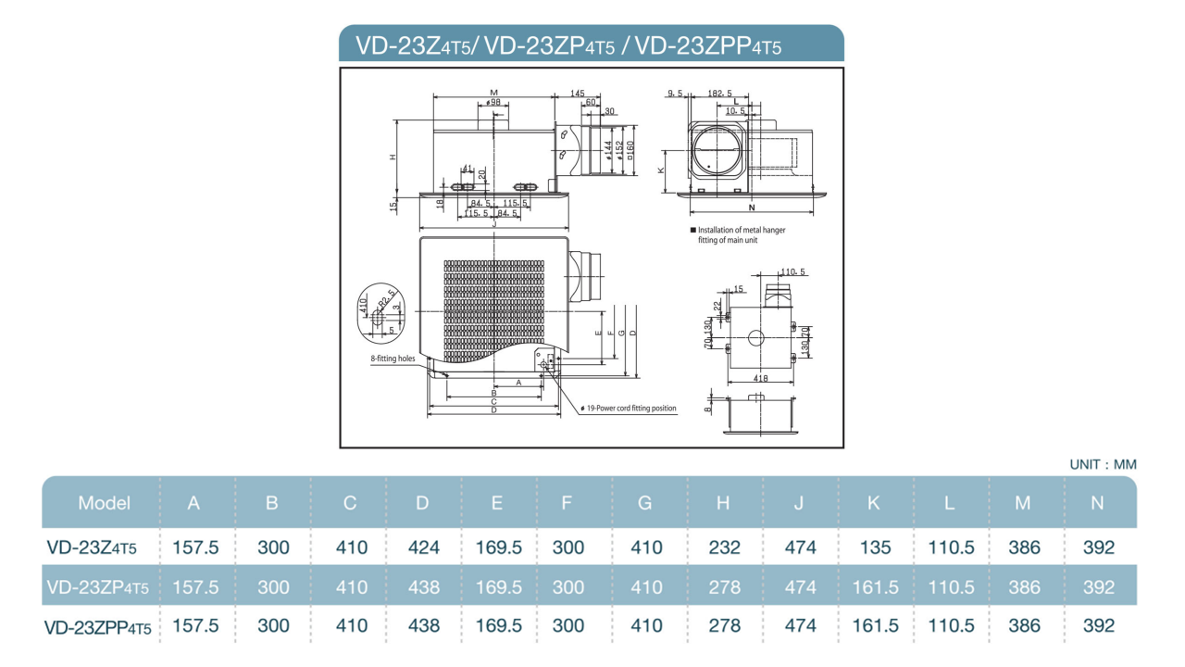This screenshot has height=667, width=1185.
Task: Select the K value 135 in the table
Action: pyautogui.click(x=874, y=547)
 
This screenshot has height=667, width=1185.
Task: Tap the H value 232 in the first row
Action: pyautogui.click(x=724, y=547)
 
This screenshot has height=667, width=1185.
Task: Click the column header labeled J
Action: pyautogui.click(x=798, y=503)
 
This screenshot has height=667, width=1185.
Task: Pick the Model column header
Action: pyautogui.click(x=104, y=503)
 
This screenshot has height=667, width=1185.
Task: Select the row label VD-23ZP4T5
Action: pyautogui.click(x=97, y=587)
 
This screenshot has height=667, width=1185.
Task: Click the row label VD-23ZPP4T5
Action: pyautogui.click(x=97, y=627)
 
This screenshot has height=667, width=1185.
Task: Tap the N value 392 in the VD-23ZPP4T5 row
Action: pyautogui.click(x=1099, y=626)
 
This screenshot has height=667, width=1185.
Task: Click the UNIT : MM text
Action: pyautogui.click(x=1103, y=464)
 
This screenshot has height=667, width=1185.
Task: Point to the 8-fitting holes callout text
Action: pyautogui.click(x=393, y=359)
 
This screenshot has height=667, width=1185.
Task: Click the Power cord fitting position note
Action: pyautogui.click(x=630, y=408)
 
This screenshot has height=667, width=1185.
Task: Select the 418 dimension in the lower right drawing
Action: pyautogui.click(x=761, y=379)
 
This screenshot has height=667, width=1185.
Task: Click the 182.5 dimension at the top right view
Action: pyautogui.click(x=719, y=94)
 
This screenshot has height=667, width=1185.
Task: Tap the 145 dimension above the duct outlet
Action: pyautogui.click(x=578, y=94)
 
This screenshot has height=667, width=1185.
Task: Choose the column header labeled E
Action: pyautogui.click(x=497, y=503)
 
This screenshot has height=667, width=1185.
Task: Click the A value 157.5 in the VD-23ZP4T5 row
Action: pyautogui.click(x=195, y=587)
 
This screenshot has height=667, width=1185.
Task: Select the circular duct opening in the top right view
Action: pyautogui.click(x=718, y=151)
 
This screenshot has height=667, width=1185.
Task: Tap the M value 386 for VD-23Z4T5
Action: pyautogui.click(x=1024, y=547)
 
